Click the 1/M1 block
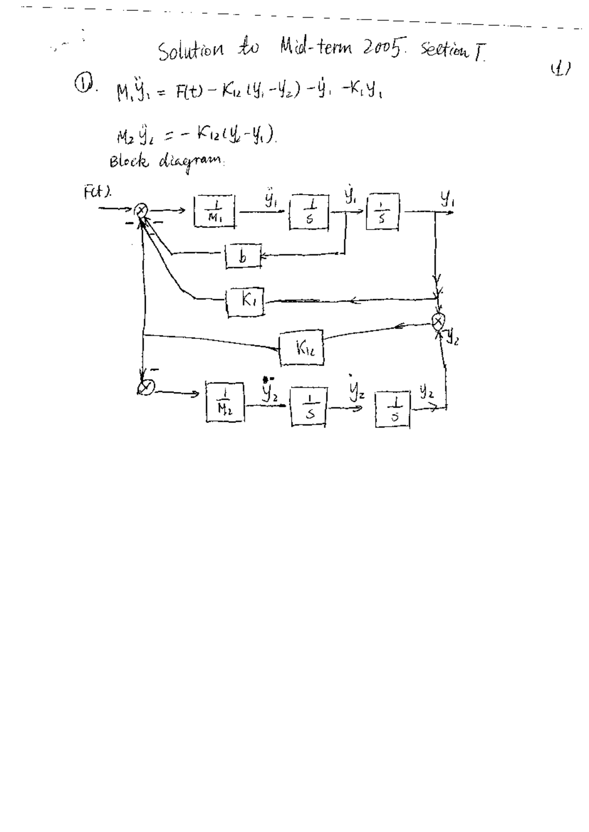(214, 211)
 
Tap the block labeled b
(242, 256)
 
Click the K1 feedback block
(246, 303)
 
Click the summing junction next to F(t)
(141, 211)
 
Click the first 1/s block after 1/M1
(309, 212)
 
